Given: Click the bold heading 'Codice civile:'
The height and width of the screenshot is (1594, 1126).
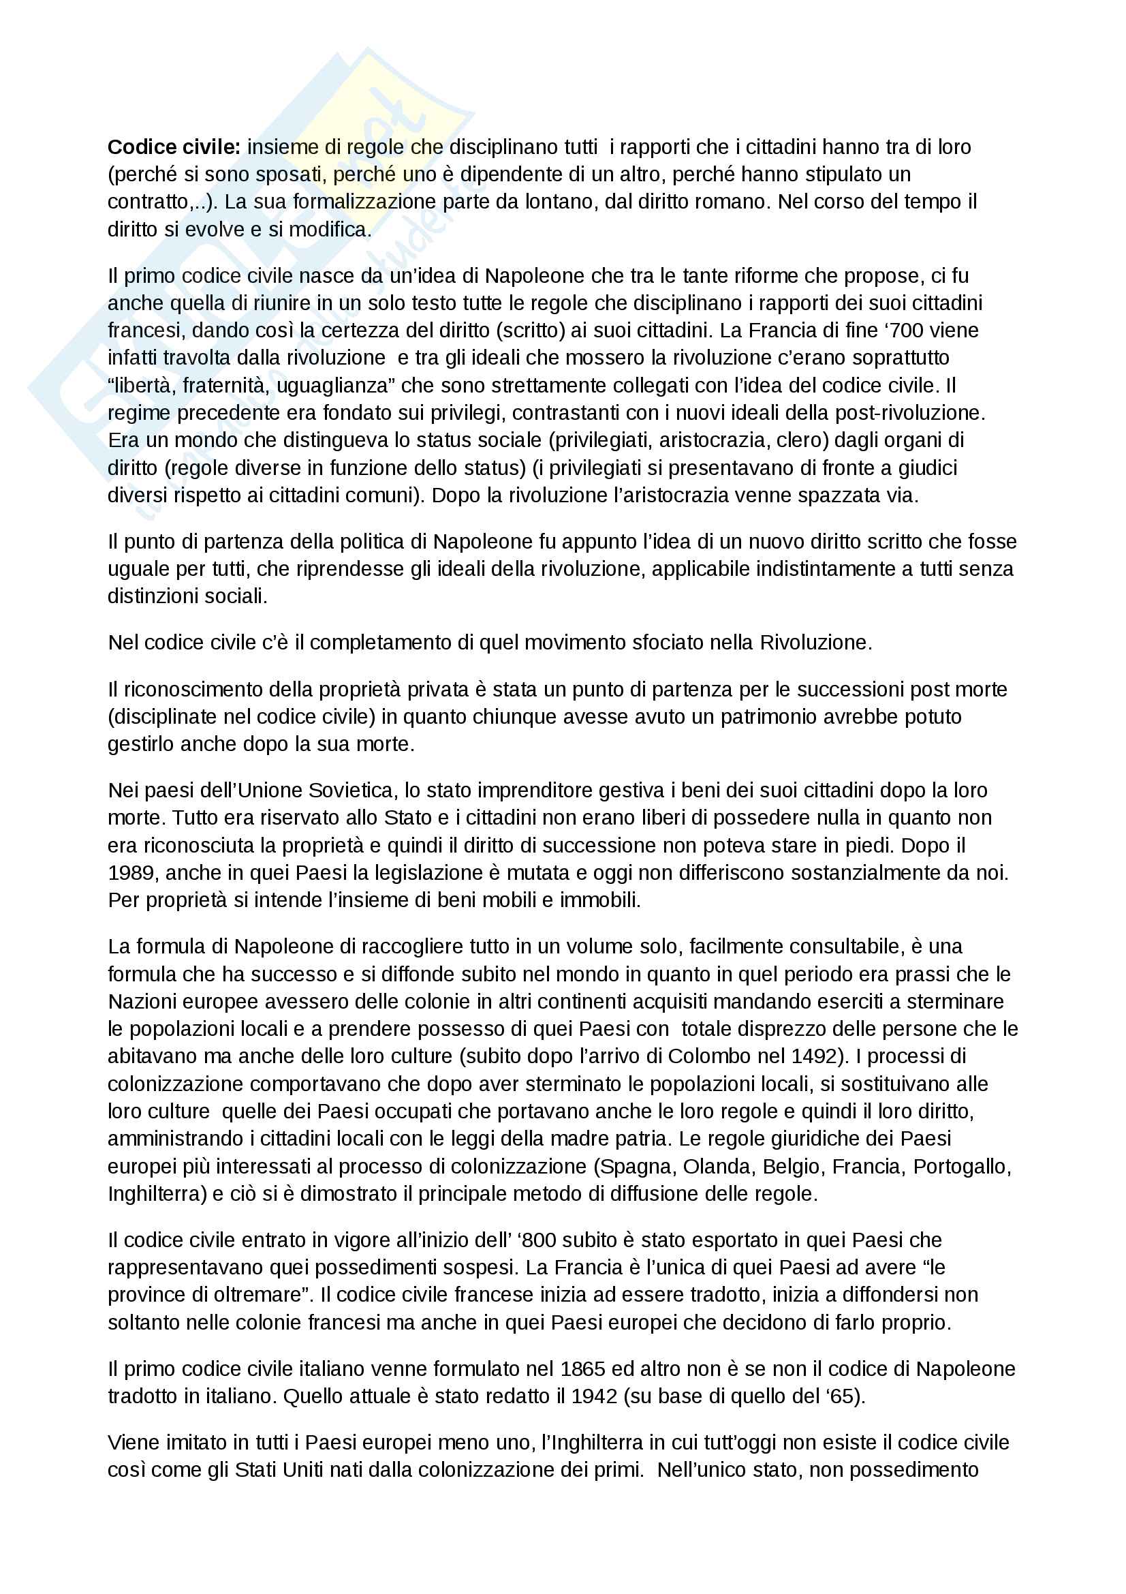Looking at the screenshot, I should pyautogui.click(x=174, y=147).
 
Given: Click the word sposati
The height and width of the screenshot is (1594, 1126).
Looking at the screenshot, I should pyautogui.click(x=281, y=174).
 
